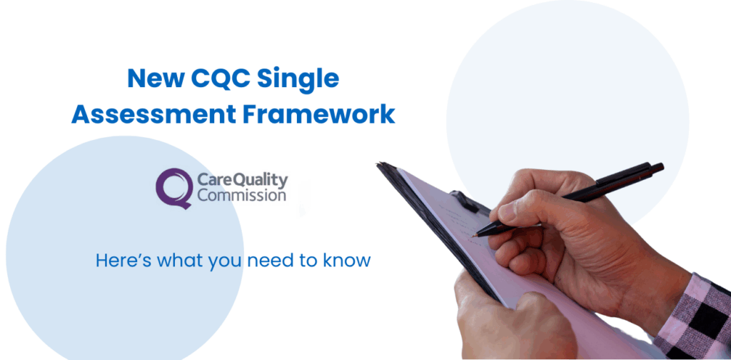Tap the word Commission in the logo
coord(241,195)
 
